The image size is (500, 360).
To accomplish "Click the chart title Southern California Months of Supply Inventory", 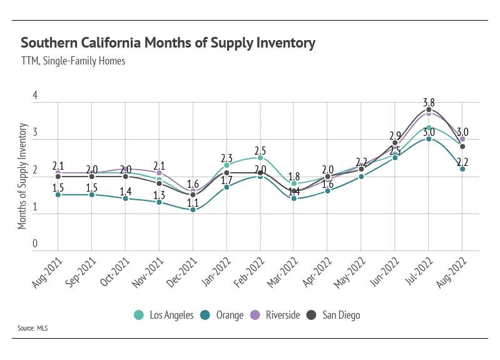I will [x=168, y=43].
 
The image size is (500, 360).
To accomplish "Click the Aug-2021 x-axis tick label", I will [x=48, y=271].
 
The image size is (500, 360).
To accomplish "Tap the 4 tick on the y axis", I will [x=36, y=96].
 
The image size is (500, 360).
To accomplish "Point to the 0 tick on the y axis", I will [x=36, y=244].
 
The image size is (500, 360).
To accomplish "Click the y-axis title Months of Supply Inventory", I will [x=23, y=176].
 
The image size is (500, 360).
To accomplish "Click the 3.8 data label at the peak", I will [x=429, y=100].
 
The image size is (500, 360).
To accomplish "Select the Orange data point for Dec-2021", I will [x=193, y=210].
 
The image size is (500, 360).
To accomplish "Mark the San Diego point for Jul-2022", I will [x=429, y=110].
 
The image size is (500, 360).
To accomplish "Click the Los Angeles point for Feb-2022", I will [x=260, y=158].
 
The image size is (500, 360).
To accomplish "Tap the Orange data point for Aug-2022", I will [x=462, y=169].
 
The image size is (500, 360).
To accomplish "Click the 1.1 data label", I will [x=193, y=201].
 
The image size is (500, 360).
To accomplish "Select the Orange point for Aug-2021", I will [x=58, y=195].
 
